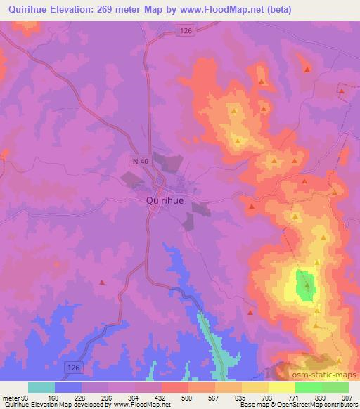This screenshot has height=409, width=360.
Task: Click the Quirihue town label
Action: tap(166, 200)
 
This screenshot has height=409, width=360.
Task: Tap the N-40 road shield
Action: tap(139, 162)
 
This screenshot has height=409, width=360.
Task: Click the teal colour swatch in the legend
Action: tap(41, 387)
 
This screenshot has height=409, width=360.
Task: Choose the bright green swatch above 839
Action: tap(309, 387)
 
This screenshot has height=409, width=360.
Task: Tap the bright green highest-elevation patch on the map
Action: tap(305, 286)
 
